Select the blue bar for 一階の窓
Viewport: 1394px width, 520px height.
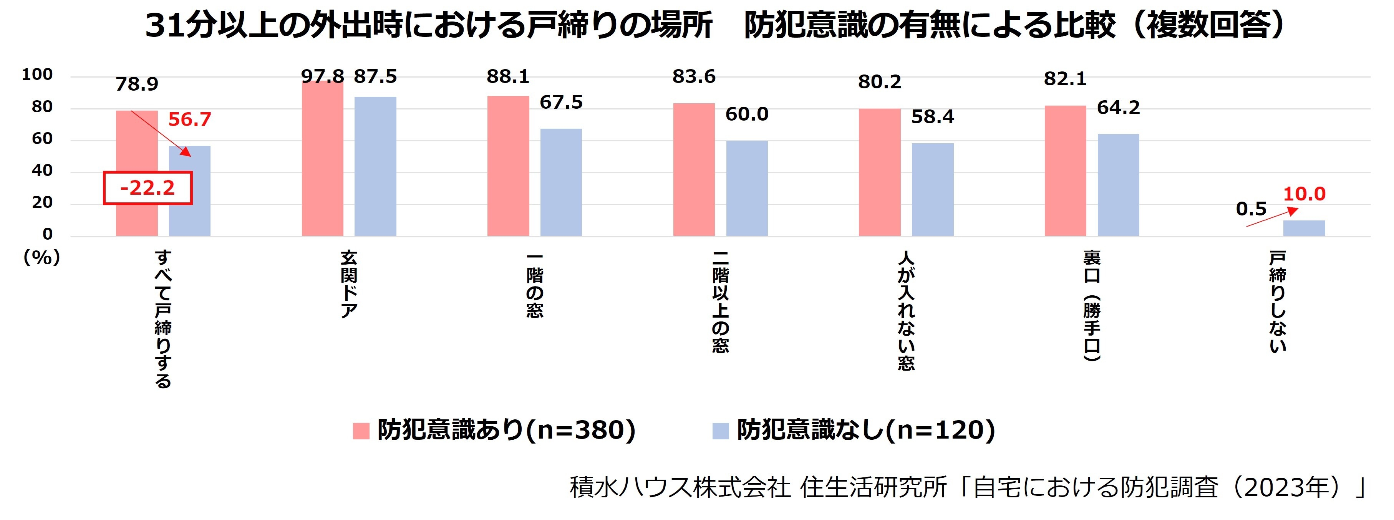[561, 182]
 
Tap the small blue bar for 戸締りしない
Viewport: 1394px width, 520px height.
[1304, 229]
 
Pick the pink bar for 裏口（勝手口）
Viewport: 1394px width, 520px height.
[1065, 171]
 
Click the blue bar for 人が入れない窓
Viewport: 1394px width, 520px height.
[932, 189]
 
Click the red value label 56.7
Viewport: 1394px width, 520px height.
[189, 119]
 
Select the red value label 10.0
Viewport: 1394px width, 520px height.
[1304, 194]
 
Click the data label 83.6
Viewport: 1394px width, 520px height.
[694, 77]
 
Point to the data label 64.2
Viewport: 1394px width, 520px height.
[1118, 108]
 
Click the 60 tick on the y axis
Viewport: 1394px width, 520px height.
[42, 139]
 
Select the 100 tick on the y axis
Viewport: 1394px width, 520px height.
[37, 75]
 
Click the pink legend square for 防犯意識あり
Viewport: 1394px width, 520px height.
[361, 431]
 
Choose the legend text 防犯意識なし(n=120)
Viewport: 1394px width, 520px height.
[866, 430]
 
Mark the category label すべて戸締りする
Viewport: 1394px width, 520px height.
[163, 319]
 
